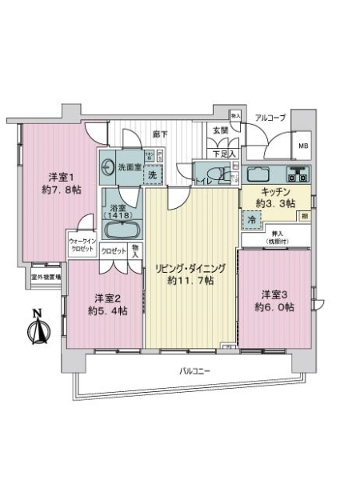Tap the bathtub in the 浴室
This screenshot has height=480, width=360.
(x=122, y=231)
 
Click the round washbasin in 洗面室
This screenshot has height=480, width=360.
(x=107, y=169)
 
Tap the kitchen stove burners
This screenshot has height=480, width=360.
(x=298, y=174)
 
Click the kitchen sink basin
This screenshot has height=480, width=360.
(x=259, y=174)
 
